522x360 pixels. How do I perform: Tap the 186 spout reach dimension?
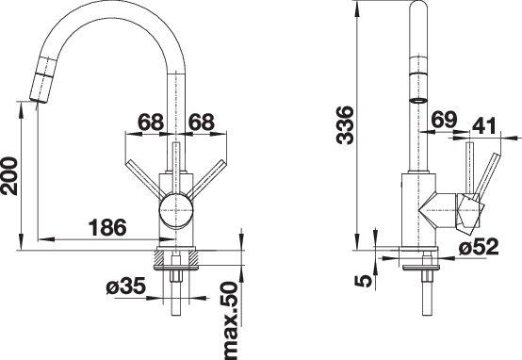pos(109,227)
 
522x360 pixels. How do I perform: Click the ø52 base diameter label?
pos(481,248)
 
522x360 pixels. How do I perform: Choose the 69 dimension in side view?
pos(447,120)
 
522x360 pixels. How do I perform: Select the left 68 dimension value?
pos(151,122)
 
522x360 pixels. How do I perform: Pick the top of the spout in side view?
pos(414,11)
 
